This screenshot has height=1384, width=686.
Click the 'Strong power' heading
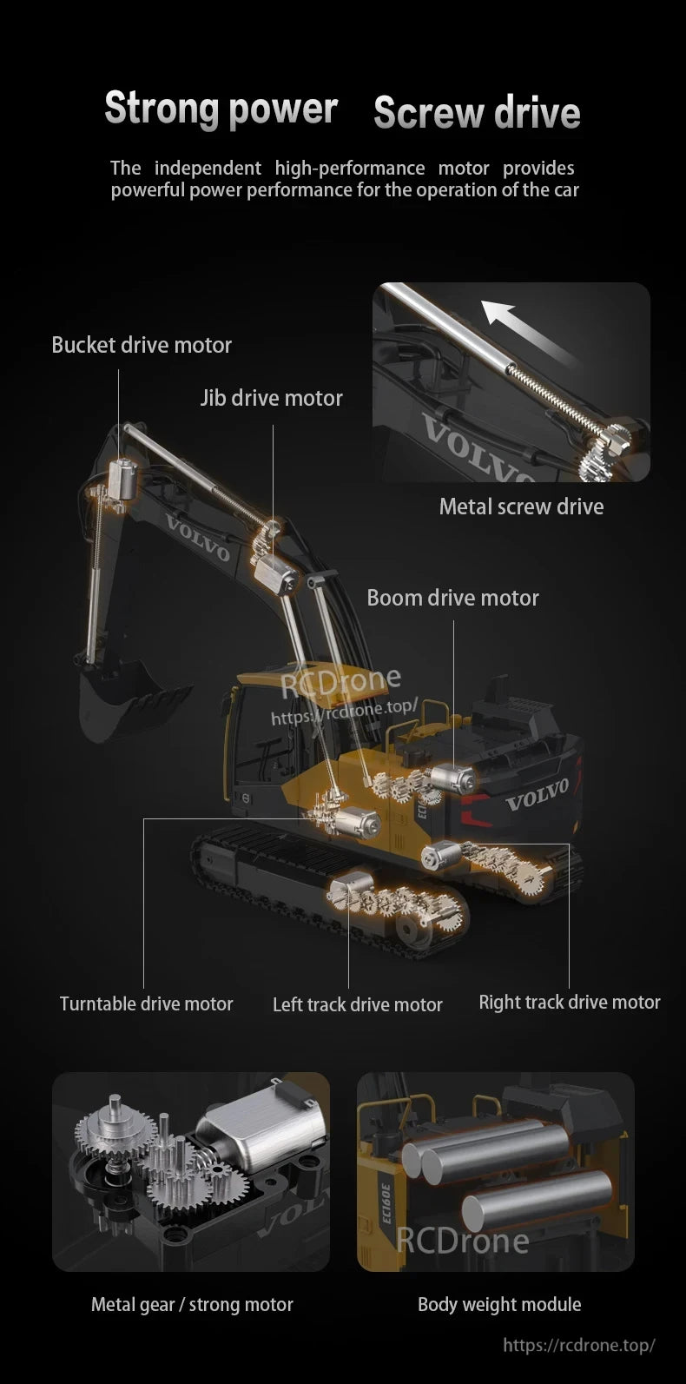[221, 109]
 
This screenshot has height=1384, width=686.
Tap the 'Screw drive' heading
[477, 113]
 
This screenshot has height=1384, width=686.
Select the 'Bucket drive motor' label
[142, 345]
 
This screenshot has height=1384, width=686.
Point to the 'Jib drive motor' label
[271, 398]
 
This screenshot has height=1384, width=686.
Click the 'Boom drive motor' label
[452, 598]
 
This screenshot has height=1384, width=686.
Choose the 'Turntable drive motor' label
[146, 1003]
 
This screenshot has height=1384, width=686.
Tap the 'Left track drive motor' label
[357, 1004]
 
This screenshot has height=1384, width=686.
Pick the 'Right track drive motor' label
[570, 1002]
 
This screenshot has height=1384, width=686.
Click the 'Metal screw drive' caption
[521, 507]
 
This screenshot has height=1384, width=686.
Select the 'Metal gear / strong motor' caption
[192, 1304]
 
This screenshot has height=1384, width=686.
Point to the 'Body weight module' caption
[499, 1304]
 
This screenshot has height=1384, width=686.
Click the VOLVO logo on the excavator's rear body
[537, 793]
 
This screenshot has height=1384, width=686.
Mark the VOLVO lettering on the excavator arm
[198, 539]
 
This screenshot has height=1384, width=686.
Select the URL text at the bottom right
[578, 1345]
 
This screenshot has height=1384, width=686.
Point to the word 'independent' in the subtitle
[208, 168]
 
